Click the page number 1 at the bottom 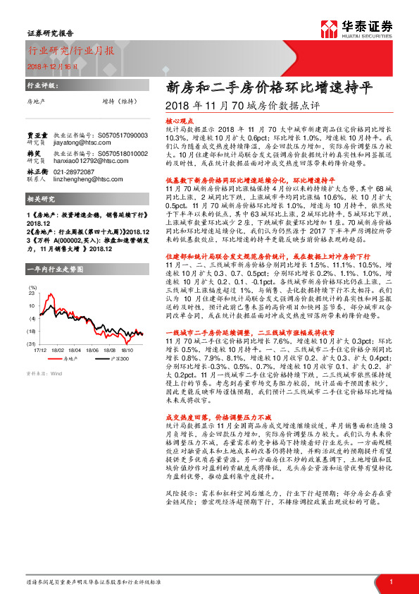(x=390, y=581)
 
